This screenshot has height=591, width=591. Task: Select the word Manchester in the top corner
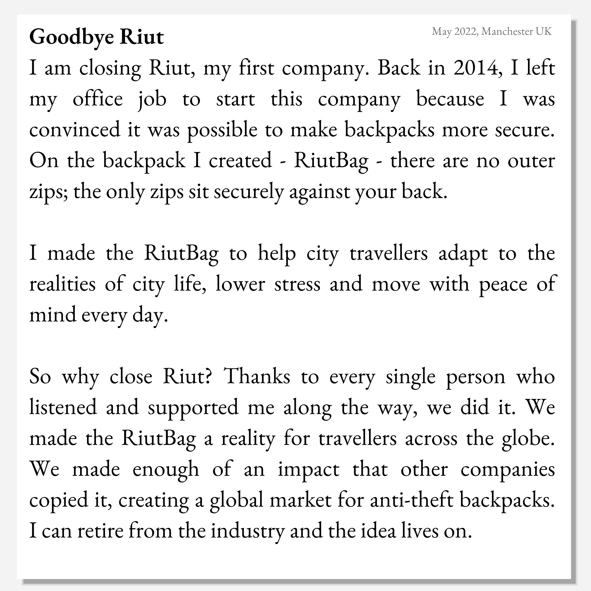click(508, 32)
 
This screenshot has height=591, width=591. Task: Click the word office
click(98, 99)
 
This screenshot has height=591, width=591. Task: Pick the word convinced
click(75, 130)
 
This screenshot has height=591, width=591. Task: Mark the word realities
click(62, 284)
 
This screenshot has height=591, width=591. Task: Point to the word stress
click(297, 284)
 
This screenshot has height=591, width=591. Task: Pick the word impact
click(309, 469)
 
